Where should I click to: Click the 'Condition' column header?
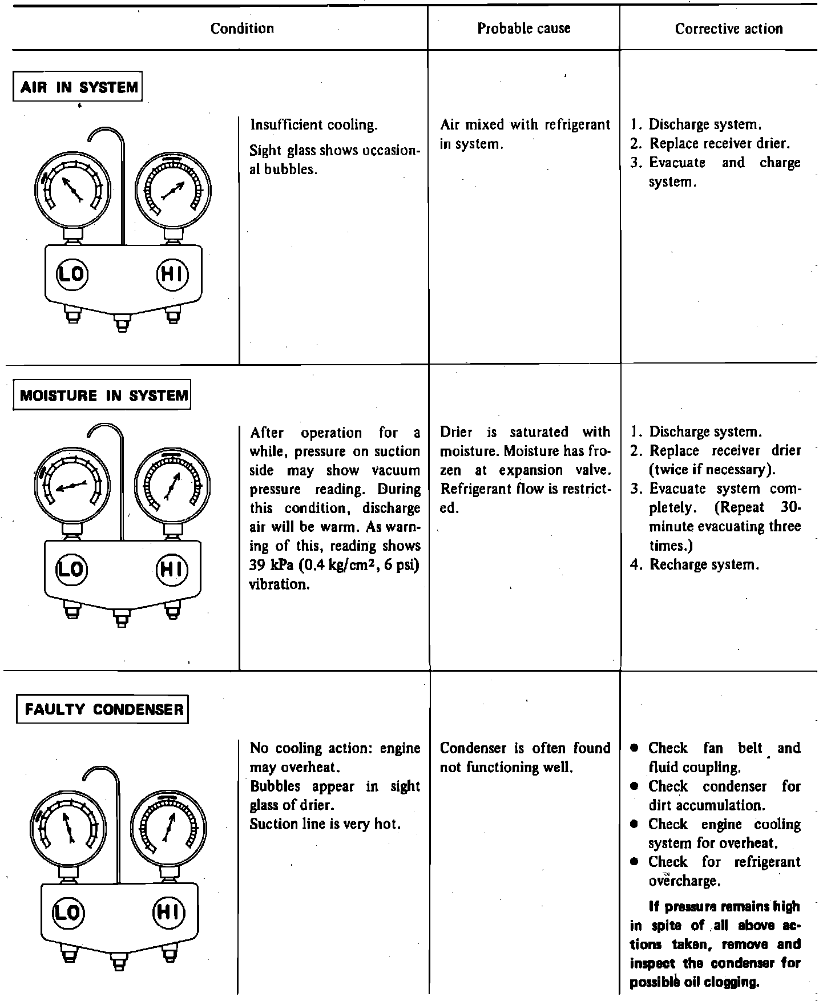[242, 29]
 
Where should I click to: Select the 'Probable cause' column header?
[523, 29]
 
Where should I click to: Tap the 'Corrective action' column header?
[728, 29]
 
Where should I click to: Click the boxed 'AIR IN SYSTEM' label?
[78, 87]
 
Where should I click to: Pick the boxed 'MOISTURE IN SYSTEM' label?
[103, 395]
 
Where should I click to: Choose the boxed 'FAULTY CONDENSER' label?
[103, 709]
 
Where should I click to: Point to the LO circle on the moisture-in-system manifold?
[71, 568]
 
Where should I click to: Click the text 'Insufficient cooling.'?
[314, 125]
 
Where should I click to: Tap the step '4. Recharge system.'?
[695, 565]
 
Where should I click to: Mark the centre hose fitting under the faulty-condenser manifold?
[119, 959]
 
